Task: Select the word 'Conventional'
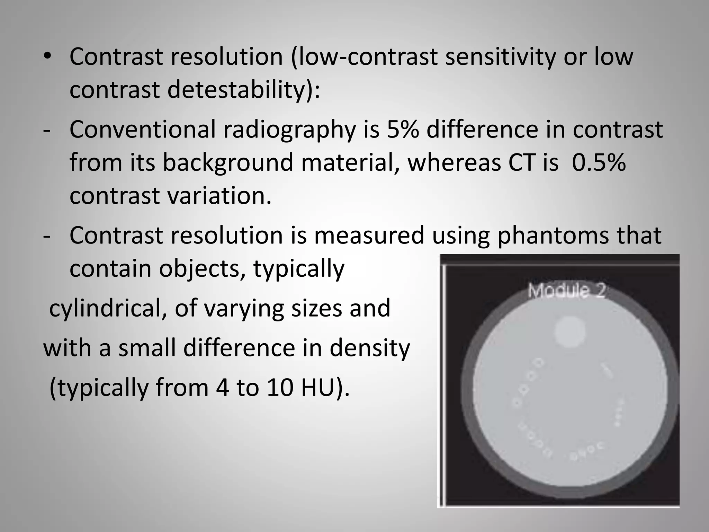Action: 142,130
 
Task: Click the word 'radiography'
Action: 289,130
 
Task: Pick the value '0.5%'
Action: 599,162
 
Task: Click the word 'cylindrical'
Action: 104,308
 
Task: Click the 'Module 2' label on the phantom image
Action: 566,291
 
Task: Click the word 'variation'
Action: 219,196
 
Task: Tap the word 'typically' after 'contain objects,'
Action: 299,269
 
